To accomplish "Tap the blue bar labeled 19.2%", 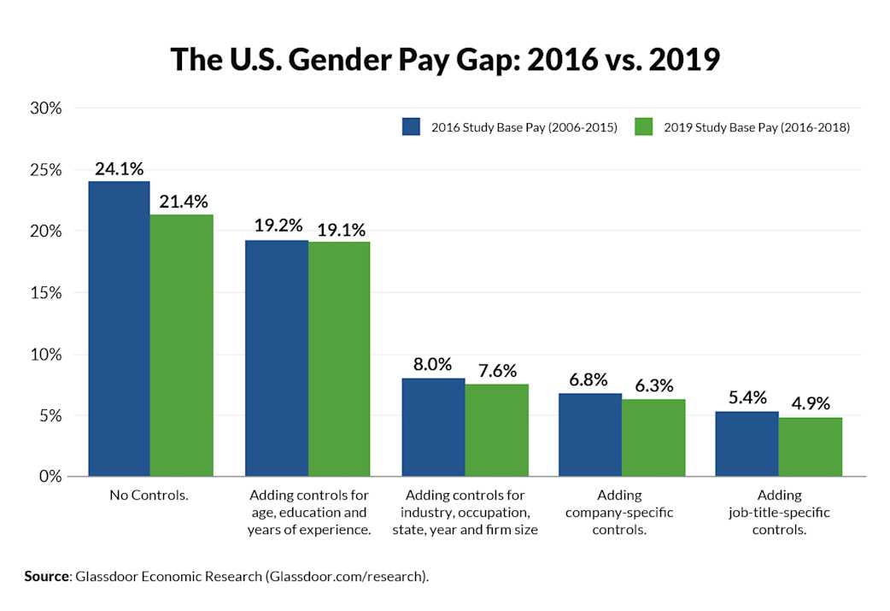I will pyautogui.click(x=277, y=358).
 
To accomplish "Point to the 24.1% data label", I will pyautogui.click(x=120, y=169).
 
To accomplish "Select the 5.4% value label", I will pyautogui.click(x=747, y=398).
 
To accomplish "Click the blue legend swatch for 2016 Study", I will pyautogui.click(x=413, y=127).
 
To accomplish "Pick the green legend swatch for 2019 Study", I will pyautogui.click(x=644, y=127).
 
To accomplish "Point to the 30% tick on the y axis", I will pyautogui.click(x=48, y=109).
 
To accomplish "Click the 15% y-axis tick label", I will pyautogui.click(x=48, y=292).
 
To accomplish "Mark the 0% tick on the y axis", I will pyautogui.click(x=51, y=476).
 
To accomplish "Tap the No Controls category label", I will pyautogui.click(x=149, y=496).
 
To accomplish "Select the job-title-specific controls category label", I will pyautogui.click(x=779, y=513).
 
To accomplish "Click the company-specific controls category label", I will pyautogui.click(x=619, y=513).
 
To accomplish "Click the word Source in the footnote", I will pyautogui.click(x=46, y=577).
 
